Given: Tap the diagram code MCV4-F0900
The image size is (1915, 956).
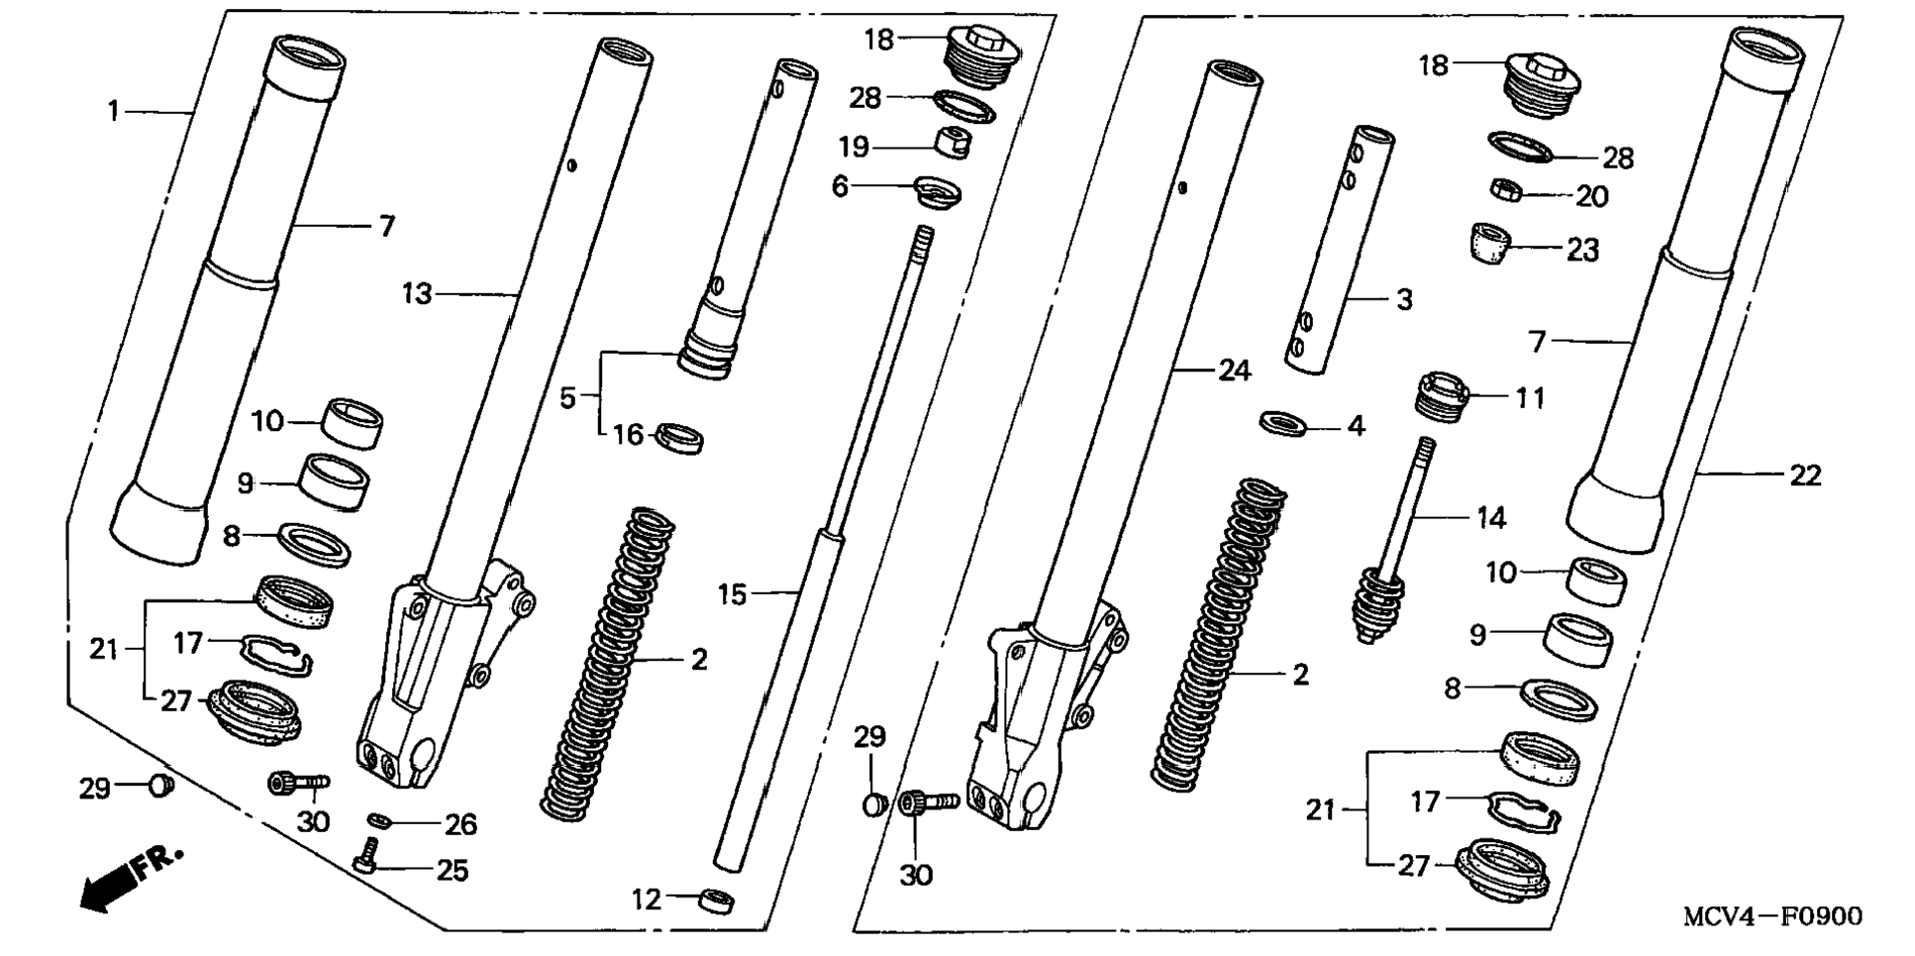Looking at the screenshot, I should point(1771,916).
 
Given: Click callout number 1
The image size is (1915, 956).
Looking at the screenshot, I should point(114,111).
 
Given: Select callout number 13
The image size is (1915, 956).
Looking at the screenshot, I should point(417,294).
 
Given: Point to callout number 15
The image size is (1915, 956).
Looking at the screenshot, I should point(732,594).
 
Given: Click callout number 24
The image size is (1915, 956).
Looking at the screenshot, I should point(1235,371).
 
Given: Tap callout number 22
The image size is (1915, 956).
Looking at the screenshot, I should point(1805,477).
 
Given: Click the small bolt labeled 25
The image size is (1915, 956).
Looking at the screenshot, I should point(365,855).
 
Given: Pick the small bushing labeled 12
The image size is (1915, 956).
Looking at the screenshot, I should point(717,902).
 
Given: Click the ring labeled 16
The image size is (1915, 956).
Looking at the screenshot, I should point(681,435).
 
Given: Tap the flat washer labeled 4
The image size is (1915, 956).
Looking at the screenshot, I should point(1283,424).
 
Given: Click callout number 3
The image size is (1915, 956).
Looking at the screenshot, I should point(1404,300).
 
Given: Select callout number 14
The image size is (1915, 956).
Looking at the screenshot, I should point(1490,518).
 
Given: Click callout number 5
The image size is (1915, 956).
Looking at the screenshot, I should point(567,397).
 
